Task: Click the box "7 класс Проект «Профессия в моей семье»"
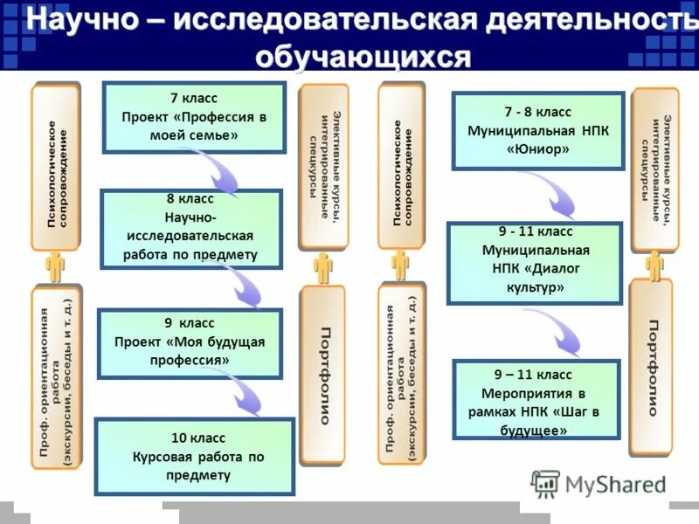coord(194,118)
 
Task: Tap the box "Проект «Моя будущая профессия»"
coord(190,343)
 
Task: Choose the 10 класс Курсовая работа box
coord(193,457)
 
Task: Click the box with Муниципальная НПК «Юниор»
coord(537,131)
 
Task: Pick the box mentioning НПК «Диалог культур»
coord(535,262)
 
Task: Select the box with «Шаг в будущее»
coord(536,399)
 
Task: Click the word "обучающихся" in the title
coord(363,57)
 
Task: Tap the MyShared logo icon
coord(545,483)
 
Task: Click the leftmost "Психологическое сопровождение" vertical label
coord(56,166)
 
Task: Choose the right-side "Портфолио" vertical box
coord(652,367)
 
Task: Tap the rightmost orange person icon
coord(653,265)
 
